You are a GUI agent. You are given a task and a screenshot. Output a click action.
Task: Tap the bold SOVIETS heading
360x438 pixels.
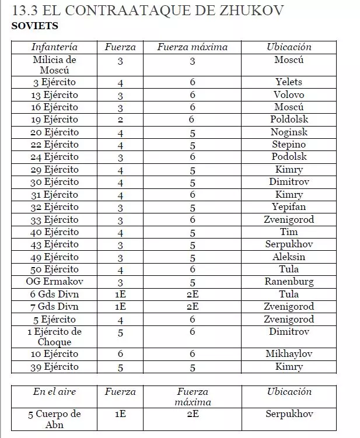[x=34, y=26]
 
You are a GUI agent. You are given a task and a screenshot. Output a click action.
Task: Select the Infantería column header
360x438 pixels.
[x=54, y=47]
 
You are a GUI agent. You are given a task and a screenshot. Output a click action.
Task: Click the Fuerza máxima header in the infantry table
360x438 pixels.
[x=192, y=47]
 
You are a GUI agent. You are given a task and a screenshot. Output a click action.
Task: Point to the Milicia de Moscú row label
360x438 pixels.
[x=54, y=65]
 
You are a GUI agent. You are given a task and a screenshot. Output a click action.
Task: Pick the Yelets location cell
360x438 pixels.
[x=289, y=82]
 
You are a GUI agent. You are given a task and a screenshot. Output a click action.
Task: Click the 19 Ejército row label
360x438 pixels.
[x=54, y=120]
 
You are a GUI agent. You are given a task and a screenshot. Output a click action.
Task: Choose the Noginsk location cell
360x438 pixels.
[x=289, y=132]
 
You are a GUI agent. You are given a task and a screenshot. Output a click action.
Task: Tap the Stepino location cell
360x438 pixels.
[x=289, y=144]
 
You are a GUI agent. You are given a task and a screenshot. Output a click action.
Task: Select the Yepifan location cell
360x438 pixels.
[x=289, y=207]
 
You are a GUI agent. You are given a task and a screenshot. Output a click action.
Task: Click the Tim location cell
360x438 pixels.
[x=289, y=232]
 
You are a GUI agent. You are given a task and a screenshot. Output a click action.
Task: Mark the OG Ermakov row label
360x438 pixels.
[x=54, y=282]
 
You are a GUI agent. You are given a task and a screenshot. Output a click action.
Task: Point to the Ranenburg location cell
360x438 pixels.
[x=289, y=282]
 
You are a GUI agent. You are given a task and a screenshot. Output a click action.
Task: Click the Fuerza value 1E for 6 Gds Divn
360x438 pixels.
[x=120, y=295]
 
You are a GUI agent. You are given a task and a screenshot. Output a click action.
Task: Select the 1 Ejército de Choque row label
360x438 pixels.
[x=54, y=337]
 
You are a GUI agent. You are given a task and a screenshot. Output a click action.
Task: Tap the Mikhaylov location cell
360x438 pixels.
[x=289, y=354]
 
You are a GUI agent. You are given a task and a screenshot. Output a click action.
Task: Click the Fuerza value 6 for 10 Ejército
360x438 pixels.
[x=120, y=354]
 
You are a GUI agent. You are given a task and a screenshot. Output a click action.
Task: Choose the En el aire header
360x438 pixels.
[x=54, y=392]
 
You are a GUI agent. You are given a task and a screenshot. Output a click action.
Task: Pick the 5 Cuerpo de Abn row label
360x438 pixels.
[x=54, y=419]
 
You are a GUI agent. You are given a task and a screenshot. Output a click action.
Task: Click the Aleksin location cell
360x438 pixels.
[x=289, y=257]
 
